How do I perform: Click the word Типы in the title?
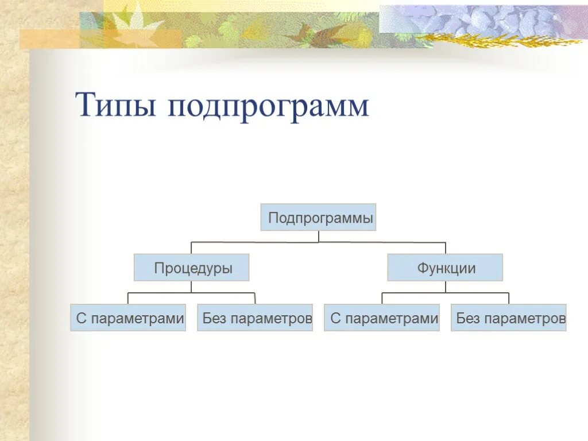pyautogui.click(x=115, y=106)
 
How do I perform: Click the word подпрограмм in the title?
pyautogui.click(x=268, y=107)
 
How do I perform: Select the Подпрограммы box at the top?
pyautogui.click(x=319, y=218)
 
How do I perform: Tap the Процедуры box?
pyautogui.click(x=192, y=268)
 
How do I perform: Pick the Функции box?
pyautogui.click(x=445, y=268)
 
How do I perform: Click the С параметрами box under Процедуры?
pyautogui.click(x=128, y=318)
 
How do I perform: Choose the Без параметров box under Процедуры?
pyautogui.click(x=255, y=318)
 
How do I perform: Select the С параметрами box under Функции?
pyautogui.click(x=382, y=318)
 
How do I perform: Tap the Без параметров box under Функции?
pyautogui.click(x=509, y=318)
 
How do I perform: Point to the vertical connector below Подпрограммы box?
pyautogui.click(x=319, y=236)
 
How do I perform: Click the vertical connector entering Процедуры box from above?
pyautogui.click(x=192, y=248)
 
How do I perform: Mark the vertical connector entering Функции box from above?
pyautogui.click(x=446, y=248)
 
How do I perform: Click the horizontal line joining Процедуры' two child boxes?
pyautogui.click(x=192, y=293)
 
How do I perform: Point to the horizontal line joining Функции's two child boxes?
pyautogui.click(x=446, y=293)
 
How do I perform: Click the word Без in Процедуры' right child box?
pyautogui.click(x=215, y=318)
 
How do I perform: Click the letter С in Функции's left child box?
pyautogui.click(x=335, y=318)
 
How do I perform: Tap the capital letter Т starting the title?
pyautogui.click(x=85, y=106)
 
